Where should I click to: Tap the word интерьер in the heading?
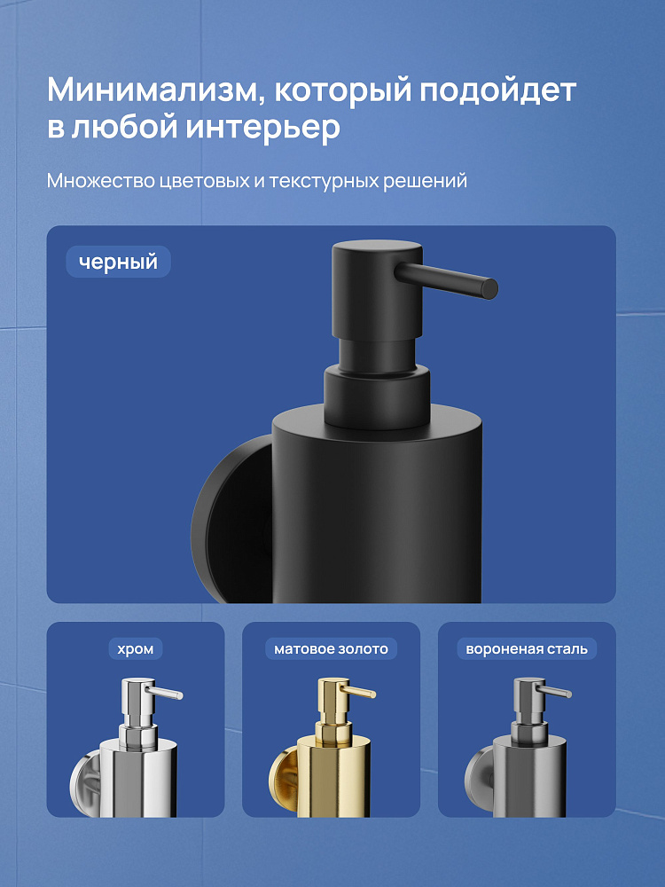[x=263, y=127]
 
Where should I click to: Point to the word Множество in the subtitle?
[x=101, y=181]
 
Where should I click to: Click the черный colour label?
[x=118, y=262]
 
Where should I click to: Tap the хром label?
[x=136, y=649]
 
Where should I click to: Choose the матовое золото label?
[x=332, y=649]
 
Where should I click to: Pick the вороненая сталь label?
[x=527, y=649]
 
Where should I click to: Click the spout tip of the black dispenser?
[x=491, y=288]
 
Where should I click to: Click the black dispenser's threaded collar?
[x=377, y=396]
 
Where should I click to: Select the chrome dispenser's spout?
[x=164, y=693]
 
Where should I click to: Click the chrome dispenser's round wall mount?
[x=85, y=783]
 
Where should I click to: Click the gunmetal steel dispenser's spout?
[x=554, y=691]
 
